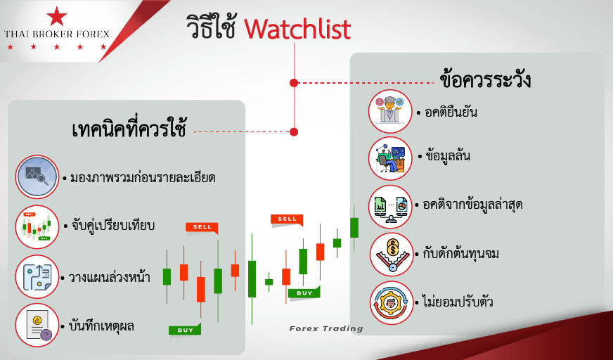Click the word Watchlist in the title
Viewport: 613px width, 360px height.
click(x=297, y=29)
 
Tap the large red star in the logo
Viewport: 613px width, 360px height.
click(x=57, y=16)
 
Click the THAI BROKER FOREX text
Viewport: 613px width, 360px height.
click(x=57, y=34)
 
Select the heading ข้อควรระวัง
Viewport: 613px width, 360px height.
click(x=485, y=79)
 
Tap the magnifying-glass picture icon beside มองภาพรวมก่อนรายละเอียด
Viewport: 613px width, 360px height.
click(x=37, y=177)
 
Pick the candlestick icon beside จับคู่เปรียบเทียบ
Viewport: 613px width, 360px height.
click(x=37, y=227)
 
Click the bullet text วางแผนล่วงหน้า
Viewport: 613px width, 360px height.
click(x=109, y=277)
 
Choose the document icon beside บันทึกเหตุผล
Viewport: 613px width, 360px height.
click(x=37, y=326)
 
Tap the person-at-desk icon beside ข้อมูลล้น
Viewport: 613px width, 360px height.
click(x=391, y=159)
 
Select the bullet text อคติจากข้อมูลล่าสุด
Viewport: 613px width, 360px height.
click(x=472, y=205)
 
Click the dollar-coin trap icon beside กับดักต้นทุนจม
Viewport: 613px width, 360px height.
click(x=392, y=255)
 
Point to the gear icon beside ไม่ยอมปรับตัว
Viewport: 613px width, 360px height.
click(x=392, y=302)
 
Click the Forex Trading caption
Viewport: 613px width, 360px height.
click(x=326, y=329)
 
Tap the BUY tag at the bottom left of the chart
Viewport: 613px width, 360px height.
click(x=185, y=330)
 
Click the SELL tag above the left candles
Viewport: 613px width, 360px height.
click(x=202, y=228)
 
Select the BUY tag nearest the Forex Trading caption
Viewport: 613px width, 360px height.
click(x=304, y=292)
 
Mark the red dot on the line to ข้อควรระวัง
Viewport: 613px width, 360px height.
click(x=294, y=83)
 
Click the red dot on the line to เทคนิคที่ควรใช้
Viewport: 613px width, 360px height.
click(x=294, y=132)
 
